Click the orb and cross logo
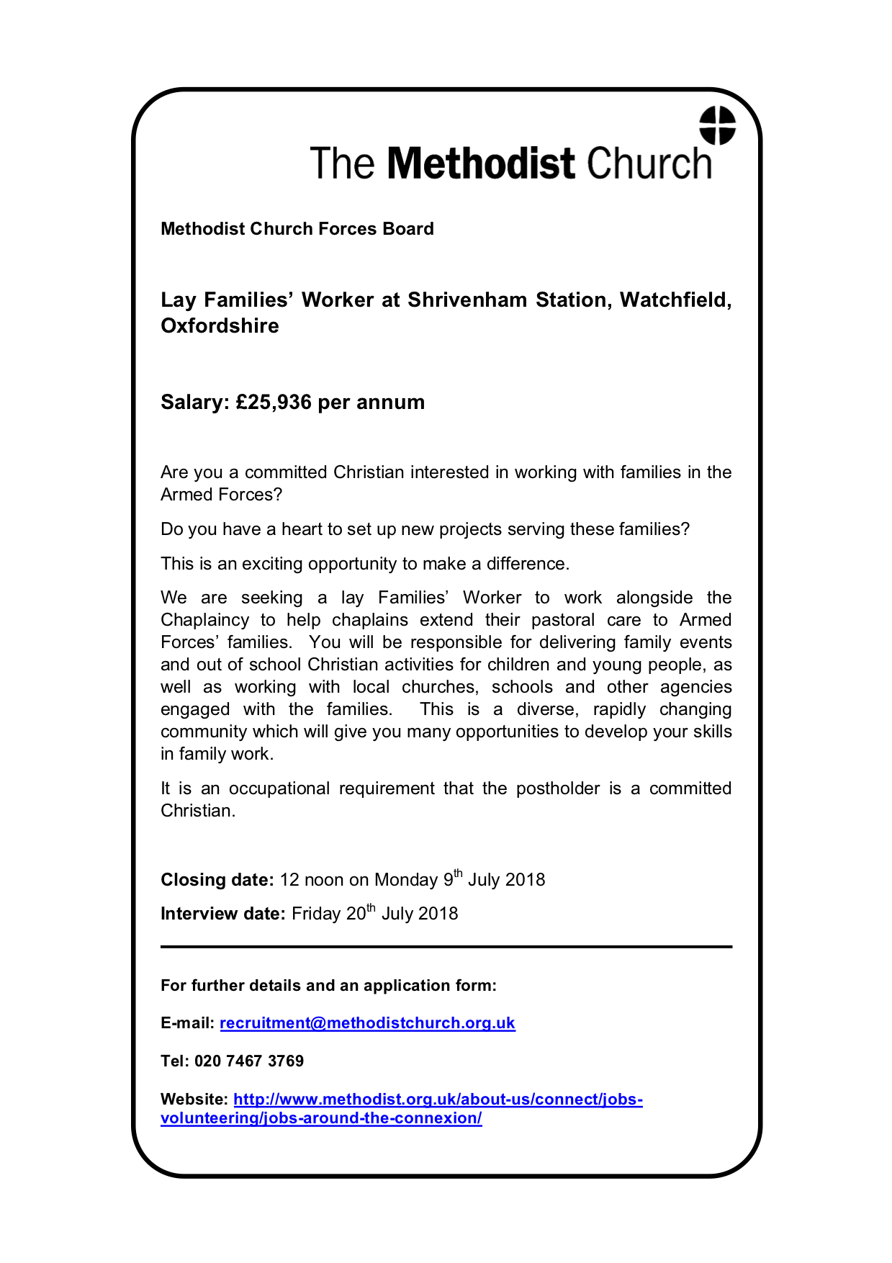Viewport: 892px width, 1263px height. pos(717,125)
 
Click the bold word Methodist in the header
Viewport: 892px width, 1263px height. pos(481,163)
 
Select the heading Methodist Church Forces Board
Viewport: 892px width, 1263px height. pos(297,229)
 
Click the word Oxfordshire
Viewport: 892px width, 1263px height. pos(220,325)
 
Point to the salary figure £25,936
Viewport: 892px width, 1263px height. pos(274,402)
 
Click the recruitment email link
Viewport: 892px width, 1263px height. pos(367,1022)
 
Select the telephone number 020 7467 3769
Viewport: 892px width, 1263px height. pos(249,1061)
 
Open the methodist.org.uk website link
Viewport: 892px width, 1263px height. pos(438,1099)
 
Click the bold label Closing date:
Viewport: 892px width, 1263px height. pos(217,880)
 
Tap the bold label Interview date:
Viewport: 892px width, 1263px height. pos(223,914)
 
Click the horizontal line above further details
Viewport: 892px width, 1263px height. pos(446,947)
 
